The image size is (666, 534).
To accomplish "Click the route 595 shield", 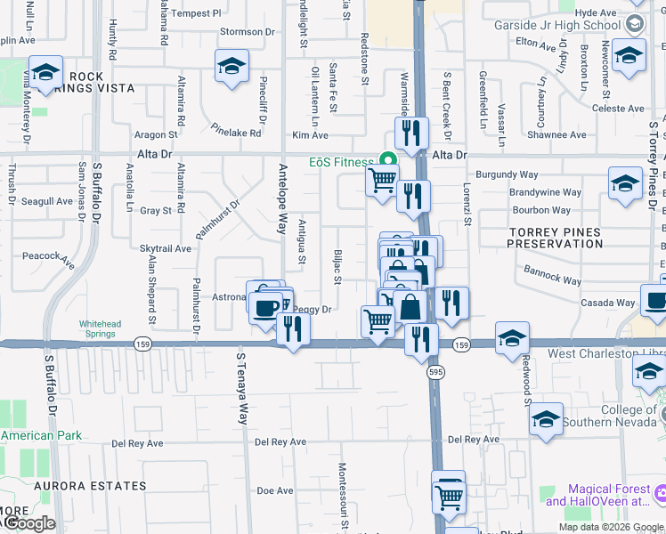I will click(435, 371).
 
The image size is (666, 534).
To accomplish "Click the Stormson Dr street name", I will click(248, 32).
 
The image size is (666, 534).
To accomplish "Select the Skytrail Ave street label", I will click(166, 249).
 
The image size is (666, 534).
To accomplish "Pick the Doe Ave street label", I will click(274, 490).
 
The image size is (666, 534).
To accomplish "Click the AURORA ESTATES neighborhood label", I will click(90, 486).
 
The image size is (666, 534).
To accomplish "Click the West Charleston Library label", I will click(605, 353).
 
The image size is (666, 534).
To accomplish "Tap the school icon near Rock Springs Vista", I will click(45, 73).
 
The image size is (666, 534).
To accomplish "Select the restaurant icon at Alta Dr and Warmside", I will click(411, 133).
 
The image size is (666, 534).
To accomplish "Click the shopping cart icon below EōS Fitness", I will click(382, 181).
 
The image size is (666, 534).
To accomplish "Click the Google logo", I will click(28, 523).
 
